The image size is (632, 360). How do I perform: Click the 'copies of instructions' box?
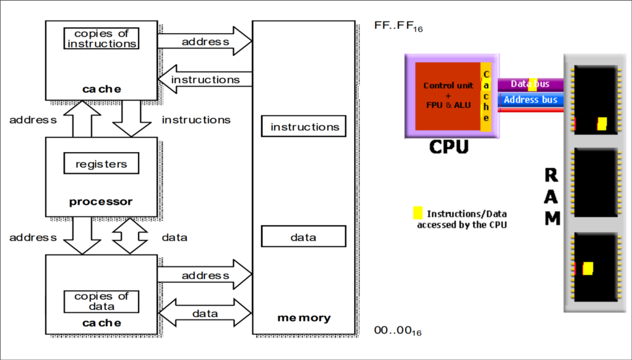click(x=101, y=38)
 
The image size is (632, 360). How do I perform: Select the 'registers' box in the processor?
click(x=101, y=163)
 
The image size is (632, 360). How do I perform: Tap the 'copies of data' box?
click(x=101, y=301)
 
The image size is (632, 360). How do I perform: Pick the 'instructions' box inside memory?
click(x=304, y=126)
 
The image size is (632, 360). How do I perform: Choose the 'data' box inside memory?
click(x=304, y=237)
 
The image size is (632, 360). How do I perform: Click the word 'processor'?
click(x=101, y=202)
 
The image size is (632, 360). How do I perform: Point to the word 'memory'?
click(x=304, y=318)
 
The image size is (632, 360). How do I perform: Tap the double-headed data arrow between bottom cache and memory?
click(x=205, y=313)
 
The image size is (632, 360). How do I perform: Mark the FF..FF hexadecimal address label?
click(x=398, y=26)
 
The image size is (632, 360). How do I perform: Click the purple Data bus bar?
click(x=530, y=84)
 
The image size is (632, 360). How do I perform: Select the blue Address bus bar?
click(x=530, y=100)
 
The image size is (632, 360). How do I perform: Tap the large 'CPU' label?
click(x=449, y=147)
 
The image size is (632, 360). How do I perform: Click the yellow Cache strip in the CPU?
click(x=486, y=97)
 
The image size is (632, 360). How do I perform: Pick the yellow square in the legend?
click(x=418, y=213)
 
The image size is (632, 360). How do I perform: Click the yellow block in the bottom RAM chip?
click(x=588, y=268)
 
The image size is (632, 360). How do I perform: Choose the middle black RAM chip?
click(x=596, y=182)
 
